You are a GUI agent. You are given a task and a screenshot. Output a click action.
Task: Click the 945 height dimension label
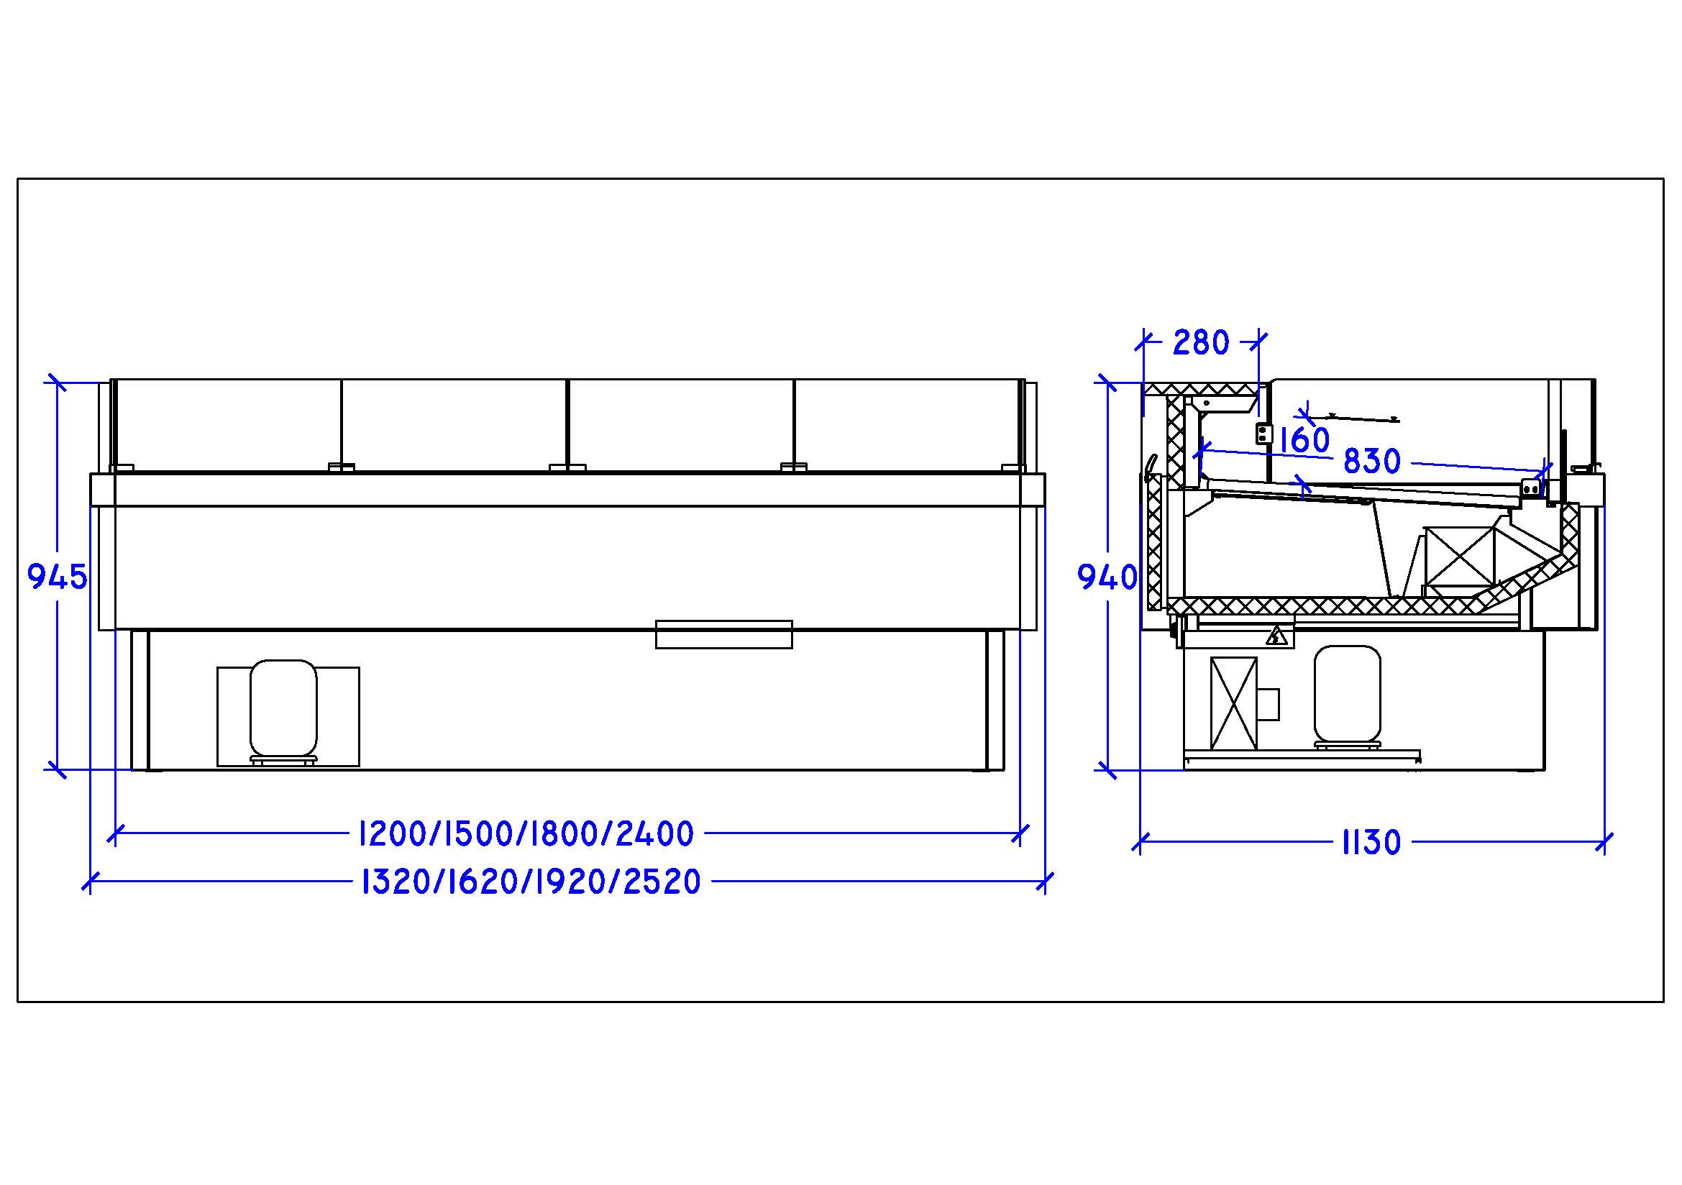(57, 577)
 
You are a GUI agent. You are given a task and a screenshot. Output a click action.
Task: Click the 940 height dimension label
(1107, 578)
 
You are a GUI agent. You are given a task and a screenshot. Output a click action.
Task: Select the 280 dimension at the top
(1202, 343)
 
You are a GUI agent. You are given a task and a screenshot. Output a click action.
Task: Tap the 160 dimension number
(1304, 440)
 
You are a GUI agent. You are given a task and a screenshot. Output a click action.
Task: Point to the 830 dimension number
(1371, 462)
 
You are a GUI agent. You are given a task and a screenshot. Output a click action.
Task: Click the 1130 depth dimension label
(1371, 843)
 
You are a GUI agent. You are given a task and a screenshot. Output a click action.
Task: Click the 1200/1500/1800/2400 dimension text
(526, 833)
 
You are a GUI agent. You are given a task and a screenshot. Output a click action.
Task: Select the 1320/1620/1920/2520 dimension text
(531, 882)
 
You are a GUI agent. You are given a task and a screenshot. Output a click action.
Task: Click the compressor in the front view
(283, 711)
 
